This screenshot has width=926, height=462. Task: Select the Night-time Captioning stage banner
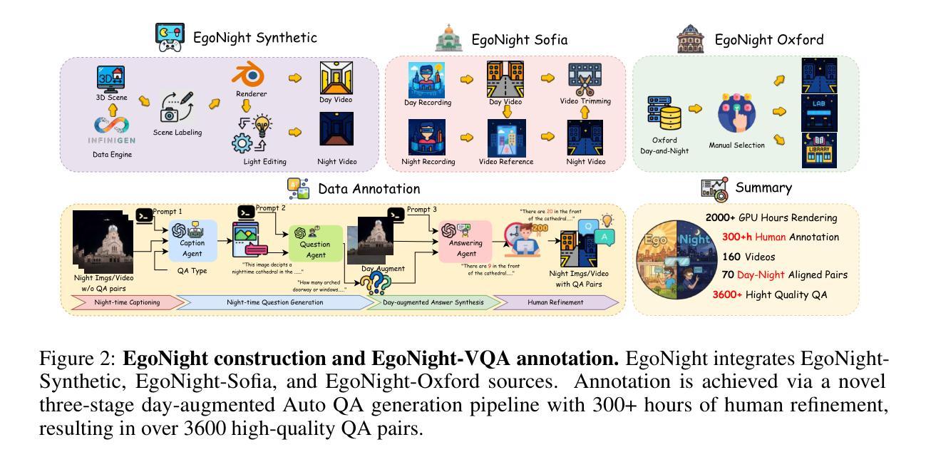pos(122,302)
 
